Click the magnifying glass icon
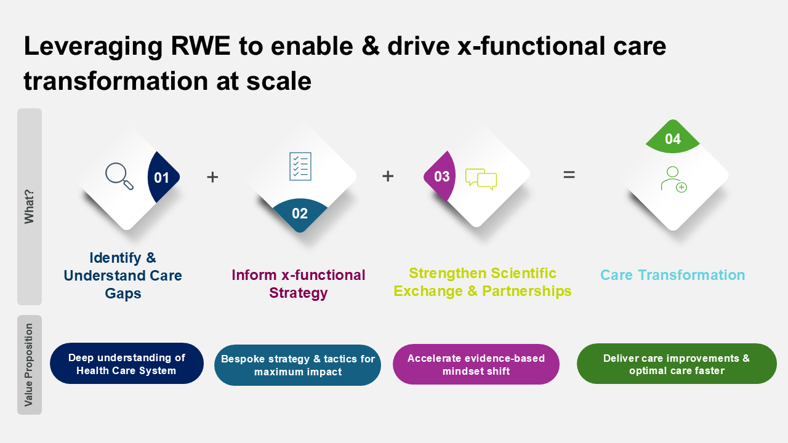click(119, 176)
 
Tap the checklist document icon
click(300, 166)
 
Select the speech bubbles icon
click(481, 178)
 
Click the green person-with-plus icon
click(673, 179)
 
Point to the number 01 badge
click(163, 178)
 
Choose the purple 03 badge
click(440, 177)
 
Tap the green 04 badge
click(673, 139)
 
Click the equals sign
click(569, 175)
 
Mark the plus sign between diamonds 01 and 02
click(212, 177)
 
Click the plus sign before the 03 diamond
click(388, 176)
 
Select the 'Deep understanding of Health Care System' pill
click(127, 364)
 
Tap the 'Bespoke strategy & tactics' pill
click(298, 365)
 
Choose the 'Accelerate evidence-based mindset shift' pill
click(476, 364)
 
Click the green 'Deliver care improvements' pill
click(677, 364)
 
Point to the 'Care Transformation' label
click(672, 275)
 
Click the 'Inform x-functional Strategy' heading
click(299, 284)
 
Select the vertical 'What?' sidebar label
click(30, 206)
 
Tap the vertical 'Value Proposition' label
click(30, 365)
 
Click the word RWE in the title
click(191, 47)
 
